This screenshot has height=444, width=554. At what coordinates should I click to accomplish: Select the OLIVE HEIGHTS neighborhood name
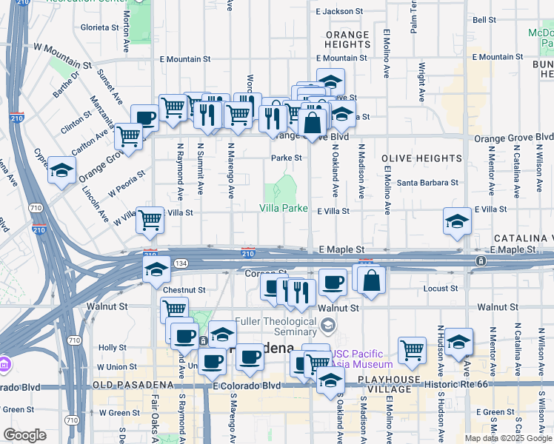point(421,158)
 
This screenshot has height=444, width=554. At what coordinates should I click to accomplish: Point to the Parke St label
point(286,158)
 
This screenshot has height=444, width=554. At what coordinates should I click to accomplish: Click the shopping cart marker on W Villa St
point(150,219)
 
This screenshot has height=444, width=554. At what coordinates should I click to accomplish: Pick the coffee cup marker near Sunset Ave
point(145,118)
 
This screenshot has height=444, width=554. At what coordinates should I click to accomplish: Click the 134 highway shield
point(181,263)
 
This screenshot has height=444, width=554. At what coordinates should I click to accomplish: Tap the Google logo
point(24,435)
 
